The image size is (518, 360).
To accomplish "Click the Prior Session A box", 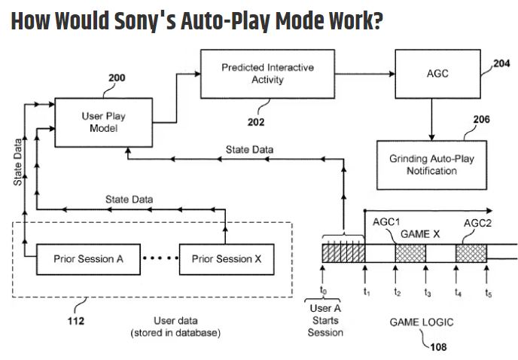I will pos(89,259).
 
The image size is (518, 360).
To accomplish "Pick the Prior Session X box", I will pos(227,259).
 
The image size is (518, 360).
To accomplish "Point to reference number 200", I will pos(116,78).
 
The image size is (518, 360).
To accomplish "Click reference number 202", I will pos(257,121).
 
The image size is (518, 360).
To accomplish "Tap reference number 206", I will pos(481,119).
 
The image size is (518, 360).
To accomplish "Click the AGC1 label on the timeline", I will pos(385,221).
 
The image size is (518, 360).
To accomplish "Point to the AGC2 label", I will pos(477,223).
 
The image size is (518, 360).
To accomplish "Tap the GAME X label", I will pos(420,234).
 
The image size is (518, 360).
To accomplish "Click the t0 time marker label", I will pos(323,290).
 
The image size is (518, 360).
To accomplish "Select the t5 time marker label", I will pos(488,292).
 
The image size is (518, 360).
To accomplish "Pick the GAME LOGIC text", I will pos(422,322).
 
